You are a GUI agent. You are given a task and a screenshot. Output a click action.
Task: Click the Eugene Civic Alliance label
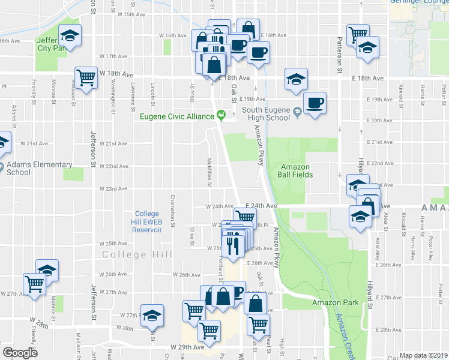[x=177, y=116]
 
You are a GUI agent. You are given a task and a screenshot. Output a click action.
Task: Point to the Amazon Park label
[x=335, y=302]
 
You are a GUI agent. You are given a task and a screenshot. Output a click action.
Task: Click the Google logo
[x=20, y=353]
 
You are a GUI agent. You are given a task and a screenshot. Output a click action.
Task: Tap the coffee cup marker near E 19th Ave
[x=315, y=104]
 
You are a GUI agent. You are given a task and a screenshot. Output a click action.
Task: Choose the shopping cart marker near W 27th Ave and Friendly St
[x=35, y=284]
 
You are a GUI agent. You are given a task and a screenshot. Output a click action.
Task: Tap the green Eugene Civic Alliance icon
[x=221, y=115]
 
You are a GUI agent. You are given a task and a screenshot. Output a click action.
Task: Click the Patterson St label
[x=339, y=54]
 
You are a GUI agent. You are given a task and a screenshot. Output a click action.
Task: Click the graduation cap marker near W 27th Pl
[x=152, y=315]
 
